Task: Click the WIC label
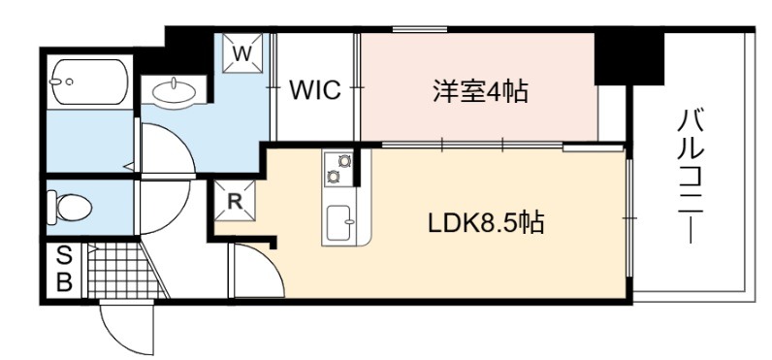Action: tap(315, 90)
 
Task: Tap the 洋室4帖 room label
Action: tap(480, 91)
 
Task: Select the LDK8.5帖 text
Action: tap(486, 223)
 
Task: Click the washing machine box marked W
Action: tap(242, 53)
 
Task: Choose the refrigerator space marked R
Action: tap(235, 201)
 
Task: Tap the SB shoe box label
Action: tap(65, 270)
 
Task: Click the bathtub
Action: tap(89, 82)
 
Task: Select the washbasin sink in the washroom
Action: tap(175, 91)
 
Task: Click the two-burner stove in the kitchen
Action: tap(338, 169)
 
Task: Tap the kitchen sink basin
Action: tap(339, 222)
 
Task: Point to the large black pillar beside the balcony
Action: tap(629, 58)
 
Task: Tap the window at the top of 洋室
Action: tap(420, 30)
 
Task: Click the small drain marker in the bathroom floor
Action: tap(129, 167)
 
